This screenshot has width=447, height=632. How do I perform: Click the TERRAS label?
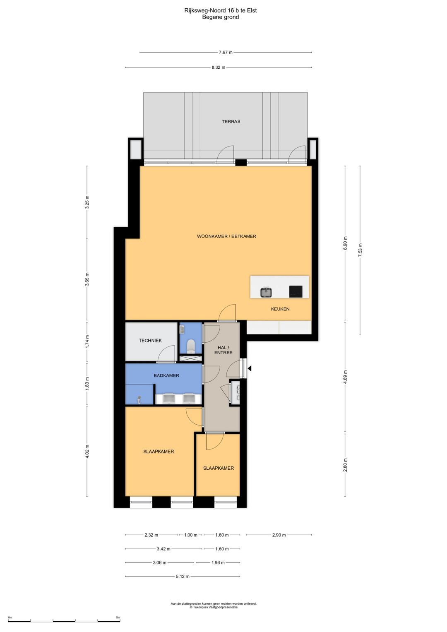coord(231,122)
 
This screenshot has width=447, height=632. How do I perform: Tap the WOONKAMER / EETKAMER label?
coord(226,236)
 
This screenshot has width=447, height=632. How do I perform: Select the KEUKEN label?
coord(280,309)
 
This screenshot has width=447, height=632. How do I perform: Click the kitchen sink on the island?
coord(266,292)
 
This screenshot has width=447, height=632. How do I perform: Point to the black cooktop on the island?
coord(296,291)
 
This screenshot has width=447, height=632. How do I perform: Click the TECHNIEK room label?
coord(150,341)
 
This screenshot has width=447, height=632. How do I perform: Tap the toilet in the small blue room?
coord(191,346)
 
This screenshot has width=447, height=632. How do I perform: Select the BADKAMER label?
coord(166,375)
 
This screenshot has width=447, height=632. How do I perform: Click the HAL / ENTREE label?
coord(223,350)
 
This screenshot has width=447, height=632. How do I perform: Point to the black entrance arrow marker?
coord(249,368)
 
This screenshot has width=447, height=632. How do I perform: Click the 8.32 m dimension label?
coord(218,67)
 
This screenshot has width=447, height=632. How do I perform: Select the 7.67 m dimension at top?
coord(226,52)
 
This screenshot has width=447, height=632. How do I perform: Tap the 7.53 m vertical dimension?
coord(360,250)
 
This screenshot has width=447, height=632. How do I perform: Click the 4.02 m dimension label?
coord(87,452)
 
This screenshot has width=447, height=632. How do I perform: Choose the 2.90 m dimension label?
coord(279,535)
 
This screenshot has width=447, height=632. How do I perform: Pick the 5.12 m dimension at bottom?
coord(183,577)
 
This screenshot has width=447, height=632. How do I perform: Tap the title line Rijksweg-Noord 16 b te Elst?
coord(220,10)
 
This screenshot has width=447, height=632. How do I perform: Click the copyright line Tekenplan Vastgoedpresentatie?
coord(214,607)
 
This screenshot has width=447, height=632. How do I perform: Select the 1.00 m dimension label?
coord(191,535)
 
